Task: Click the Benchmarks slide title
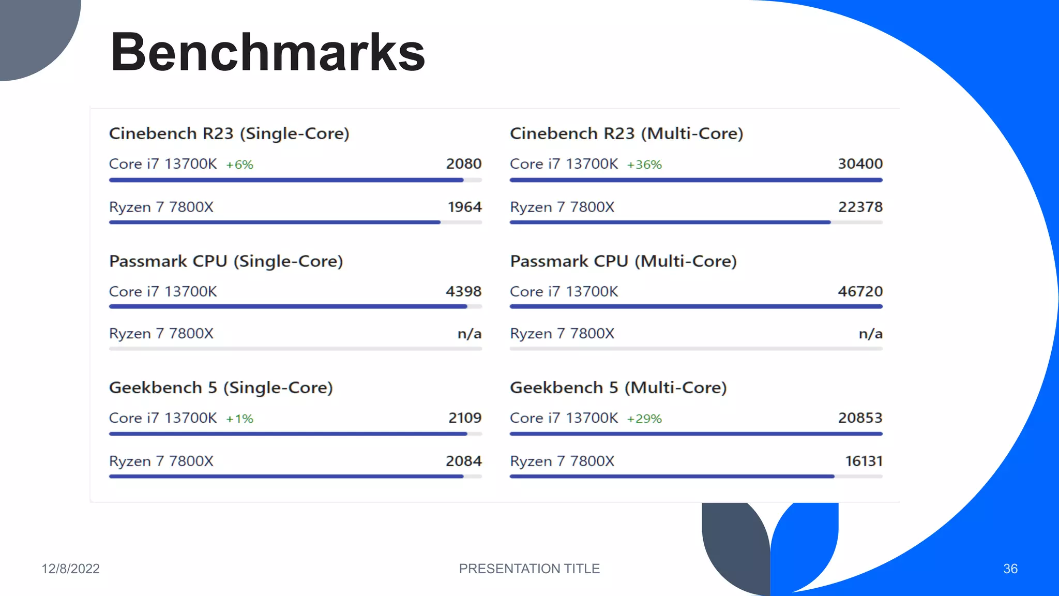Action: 267,52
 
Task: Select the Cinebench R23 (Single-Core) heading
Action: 229,133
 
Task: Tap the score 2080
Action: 464,164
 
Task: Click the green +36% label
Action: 644,165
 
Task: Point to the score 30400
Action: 860,164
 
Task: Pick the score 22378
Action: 860,207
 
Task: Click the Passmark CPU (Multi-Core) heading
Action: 623,261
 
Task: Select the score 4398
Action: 463,291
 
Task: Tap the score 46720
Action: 860,291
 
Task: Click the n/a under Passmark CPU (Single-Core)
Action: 470,334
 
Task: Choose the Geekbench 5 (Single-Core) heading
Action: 221,388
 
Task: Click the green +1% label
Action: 239,419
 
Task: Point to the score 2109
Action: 465,418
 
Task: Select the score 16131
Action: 864,461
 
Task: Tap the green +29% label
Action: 644,419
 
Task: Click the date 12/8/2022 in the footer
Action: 70,569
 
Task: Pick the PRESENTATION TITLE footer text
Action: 529,569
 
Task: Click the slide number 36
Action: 1010,569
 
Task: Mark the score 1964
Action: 464,207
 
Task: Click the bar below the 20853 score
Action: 695,434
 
